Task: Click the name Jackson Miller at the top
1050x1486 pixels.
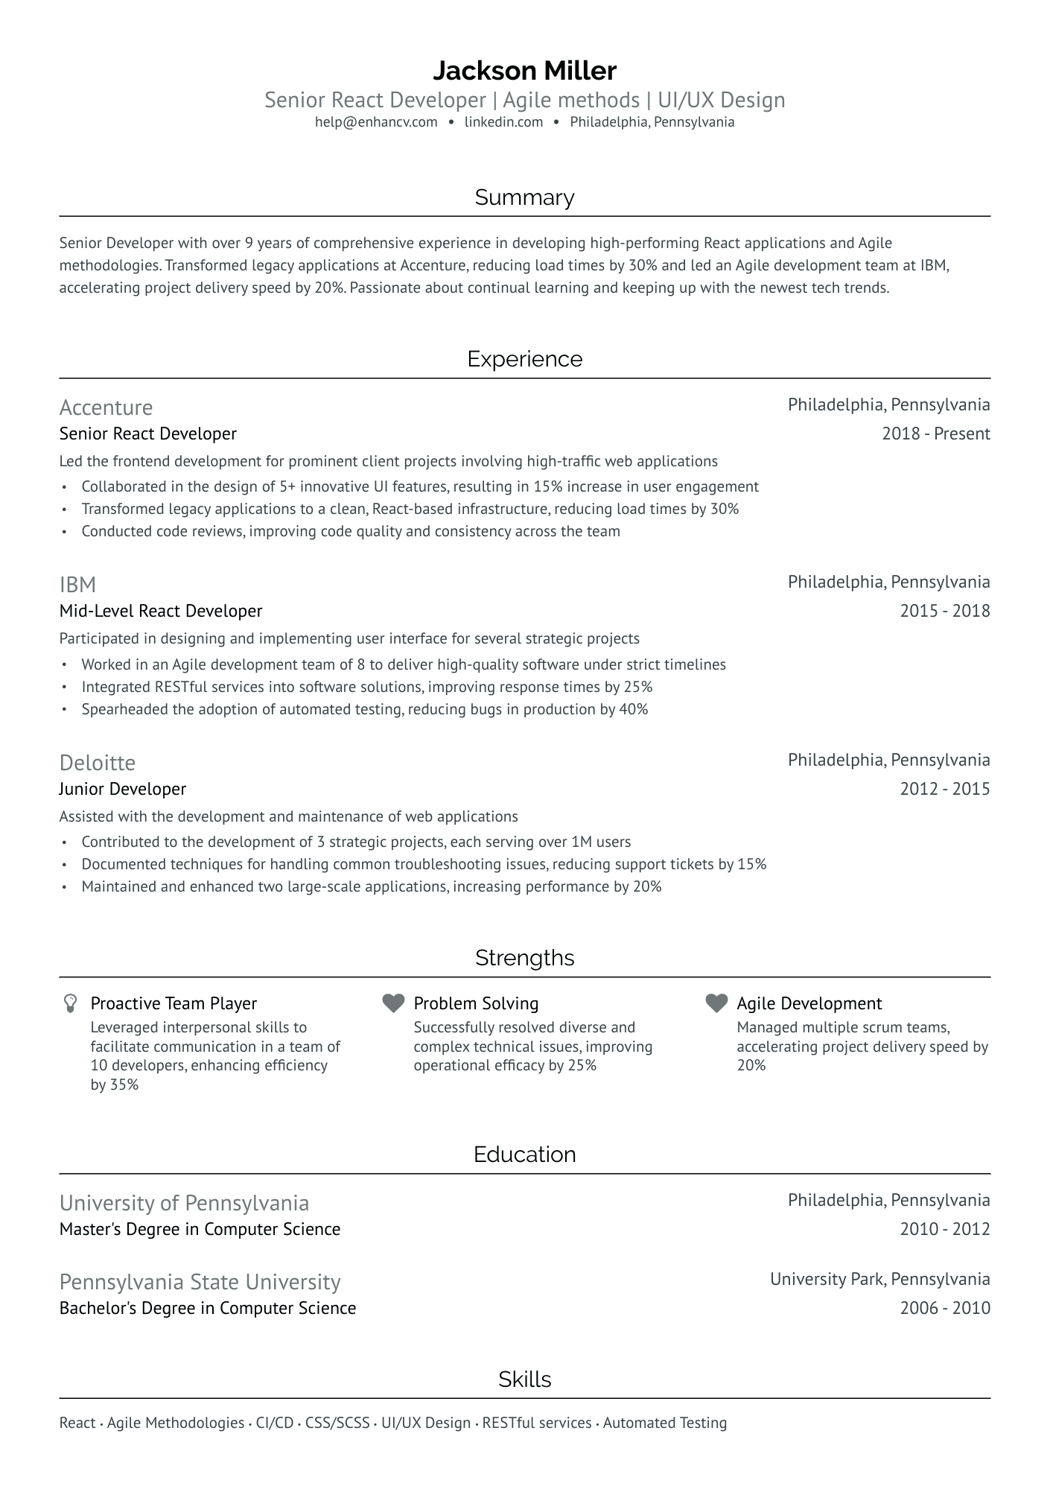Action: (524, 71)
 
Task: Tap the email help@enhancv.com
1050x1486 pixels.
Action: (376, 122)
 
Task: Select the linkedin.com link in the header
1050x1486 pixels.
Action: (503, 122)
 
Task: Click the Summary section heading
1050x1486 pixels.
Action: (524, 197)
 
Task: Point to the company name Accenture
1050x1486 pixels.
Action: (106, 407)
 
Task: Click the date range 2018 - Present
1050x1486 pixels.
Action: (935, 434)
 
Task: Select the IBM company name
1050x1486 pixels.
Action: (77, 585)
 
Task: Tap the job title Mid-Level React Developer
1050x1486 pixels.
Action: (161, 611)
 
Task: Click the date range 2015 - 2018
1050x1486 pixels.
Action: (944, 611)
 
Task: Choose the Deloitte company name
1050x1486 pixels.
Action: (98, 763)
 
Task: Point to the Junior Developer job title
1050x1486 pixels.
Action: (123, 789)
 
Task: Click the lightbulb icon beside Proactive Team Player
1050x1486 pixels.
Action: (70, 1003)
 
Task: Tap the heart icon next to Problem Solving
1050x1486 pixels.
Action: (393, 1003)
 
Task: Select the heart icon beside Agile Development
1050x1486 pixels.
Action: (716, 1003)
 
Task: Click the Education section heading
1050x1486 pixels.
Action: (524, 1155)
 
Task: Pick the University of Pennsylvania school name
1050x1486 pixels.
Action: (184, 1203)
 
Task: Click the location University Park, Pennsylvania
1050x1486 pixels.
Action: (879, 1279)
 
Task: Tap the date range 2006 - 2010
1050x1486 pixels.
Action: (944, 1308)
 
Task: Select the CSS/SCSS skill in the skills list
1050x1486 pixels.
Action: (338, 1423)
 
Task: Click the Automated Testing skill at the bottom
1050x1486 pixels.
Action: (664, 1423)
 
